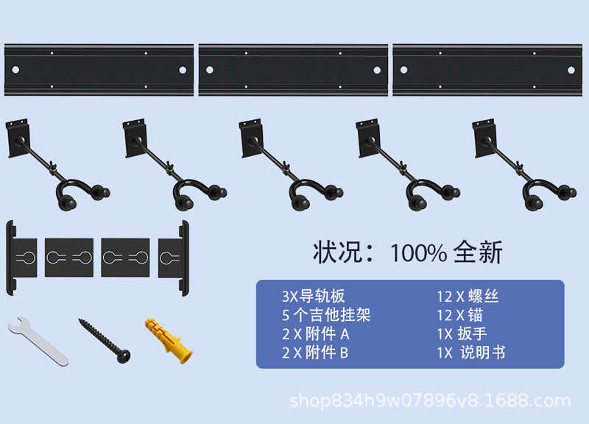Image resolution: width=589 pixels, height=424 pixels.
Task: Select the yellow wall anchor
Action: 169,340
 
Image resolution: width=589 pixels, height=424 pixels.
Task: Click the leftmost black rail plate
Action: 99,70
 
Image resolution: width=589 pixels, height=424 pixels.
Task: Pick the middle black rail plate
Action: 293,70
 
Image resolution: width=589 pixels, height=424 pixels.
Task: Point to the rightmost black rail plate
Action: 487,70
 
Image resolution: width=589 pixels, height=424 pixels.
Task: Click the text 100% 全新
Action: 446,252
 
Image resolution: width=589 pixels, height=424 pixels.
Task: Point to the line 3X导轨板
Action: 313,297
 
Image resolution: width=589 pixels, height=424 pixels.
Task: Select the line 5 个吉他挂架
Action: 325,315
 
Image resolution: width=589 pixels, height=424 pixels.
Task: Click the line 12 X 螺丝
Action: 468,297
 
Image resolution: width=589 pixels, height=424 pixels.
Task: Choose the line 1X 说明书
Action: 471,353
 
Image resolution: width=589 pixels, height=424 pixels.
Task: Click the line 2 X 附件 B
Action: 314,353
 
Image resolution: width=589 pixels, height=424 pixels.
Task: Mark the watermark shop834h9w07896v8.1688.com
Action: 430,401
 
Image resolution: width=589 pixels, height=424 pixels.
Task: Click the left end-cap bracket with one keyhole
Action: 22,257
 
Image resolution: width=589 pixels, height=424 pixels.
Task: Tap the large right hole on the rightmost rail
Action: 571,70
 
